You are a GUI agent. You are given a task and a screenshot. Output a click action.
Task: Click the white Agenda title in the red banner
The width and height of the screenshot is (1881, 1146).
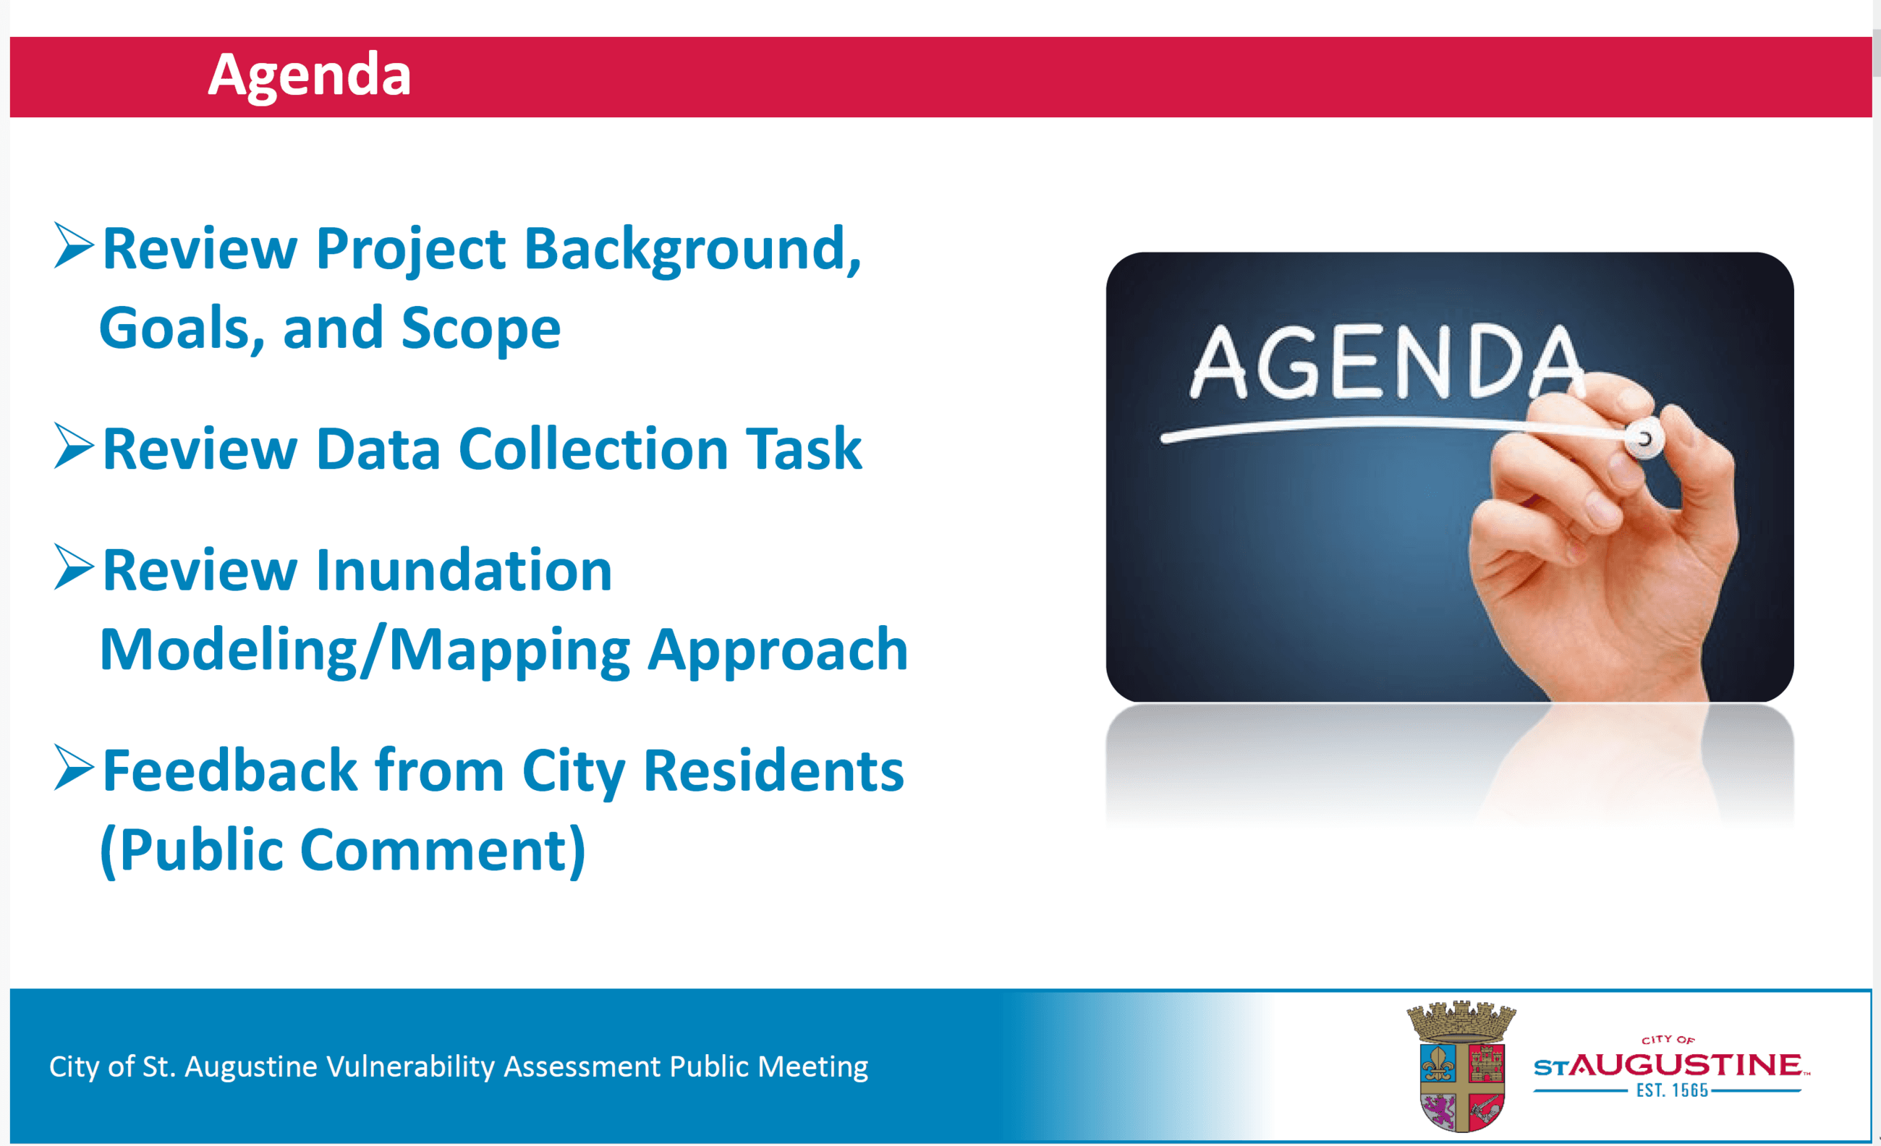click(x=309, y=75)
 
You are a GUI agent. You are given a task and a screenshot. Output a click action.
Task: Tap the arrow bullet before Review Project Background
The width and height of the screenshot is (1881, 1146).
click(x=74, y=245)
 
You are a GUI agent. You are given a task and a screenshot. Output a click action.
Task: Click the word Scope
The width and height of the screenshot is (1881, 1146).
click(x=481, y=329)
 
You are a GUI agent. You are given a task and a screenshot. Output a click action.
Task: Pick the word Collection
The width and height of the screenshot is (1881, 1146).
click(x=593, y=449)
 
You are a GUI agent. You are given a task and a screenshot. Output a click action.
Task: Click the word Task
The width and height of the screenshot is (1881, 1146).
click(x=804, y=449)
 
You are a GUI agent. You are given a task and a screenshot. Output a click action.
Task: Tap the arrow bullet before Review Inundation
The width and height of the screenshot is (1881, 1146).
click(x=74, y=566)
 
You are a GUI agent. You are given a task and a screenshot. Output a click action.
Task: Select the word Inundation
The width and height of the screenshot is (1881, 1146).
click(x=464, y=570)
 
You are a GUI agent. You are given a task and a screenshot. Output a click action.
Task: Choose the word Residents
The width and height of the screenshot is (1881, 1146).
click(x=773, y=771)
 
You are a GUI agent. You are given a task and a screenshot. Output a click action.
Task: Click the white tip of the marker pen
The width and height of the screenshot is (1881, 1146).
click(x=1643, y=438)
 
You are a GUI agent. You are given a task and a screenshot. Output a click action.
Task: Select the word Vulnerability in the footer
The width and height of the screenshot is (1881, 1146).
click(x=411, y=1066)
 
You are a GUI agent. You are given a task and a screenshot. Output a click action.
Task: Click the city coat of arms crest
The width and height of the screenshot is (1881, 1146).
click(x=1461, y=1066)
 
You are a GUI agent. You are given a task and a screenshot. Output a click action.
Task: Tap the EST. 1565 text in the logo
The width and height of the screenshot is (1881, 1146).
click(x=1672, y=1090)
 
